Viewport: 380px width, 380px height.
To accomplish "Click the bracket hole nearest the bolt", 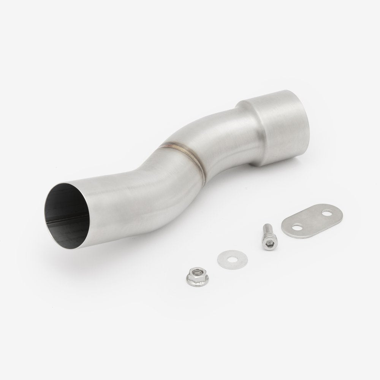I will [297, 227].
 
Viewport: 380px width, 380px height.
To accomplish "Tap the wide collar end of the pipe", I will [281, 122].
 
